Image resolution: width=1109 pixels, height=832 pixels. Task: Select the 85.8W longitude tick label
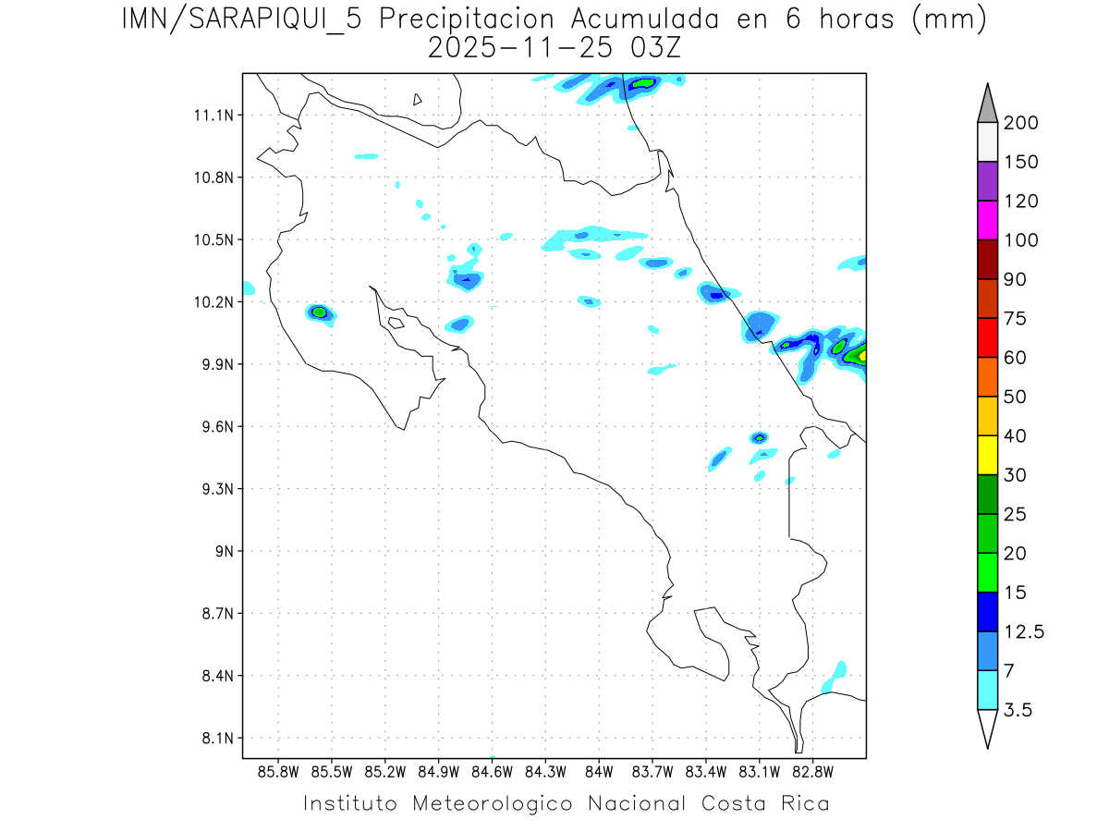coord(278,771)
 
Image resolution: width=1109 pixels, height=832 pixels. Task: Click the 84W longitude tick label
coord(599,771)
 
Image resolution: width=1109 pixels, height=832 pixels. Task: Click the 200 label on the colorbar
coord(1020,123)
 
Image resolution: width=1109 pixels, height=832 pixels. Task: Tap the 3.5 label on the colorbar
coord(1018,710)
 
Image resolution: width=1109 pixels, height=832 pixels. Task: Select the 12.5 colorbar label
coord(1023,631)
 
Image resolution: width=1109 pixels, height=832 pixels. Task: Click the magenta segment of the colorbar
coord(987,220)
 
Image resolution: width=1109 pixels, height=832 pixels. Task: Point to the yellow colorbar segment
coord(987,455)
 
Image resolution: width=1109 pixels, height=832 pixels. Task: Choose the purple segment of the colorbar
coord(987,181)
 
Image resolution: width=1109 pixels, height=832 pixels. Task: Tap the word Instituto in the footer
coord(350,803)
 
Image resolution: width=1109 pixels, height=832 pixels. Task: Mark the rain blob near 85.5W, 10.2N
coord(320,312)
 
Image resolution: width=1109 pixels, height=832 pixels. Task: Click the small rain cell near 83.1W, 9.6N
coord(759,437)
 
